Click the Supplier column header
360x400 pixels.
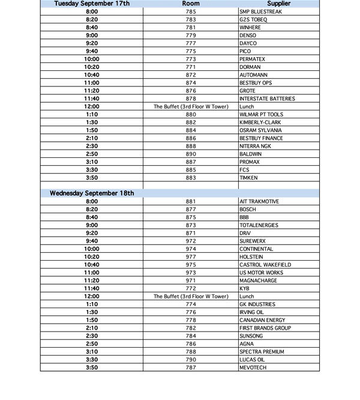click(x=278, y=4)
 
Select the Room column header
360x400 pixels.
click(x=191, y=4)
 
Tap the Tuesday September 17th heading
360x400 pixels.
click(x=92, y=4)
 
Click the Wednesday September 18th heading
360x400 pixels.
click(x=92, y=193)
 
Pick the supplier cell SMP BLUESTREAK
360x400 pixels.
click(x=262, y=12)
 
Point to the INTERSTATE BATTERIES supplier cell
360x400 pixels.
click(x=267, y=98)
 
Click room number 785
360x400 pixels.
click(x=191, y=12)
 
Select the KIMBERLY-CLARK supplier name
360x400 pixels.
click(x=260, y=123)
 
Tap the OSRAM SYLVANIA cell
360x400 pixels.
click(x=260, y=130)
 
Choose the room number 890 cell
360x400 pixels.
click(x=191, y=154)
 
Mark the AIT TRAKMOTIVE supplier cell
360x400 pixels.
click(x=259, y=202)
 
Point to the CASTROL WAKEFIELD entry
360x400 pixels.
click(x=265, y=265)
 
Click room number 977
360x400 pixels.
click(x=191, y=257)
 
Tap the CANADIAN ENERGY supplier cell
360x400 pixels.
click(x=262, y=320)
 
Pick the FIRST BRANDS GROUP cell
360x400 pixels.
click(x=265, y=329)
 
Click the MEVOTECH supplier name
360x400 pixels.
click(x=253, y=368)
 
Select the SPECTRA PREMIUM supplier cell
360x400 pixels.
click(x=262, y=352)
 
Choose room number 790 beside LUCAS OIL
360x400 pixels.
click(x=191, y=360)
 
